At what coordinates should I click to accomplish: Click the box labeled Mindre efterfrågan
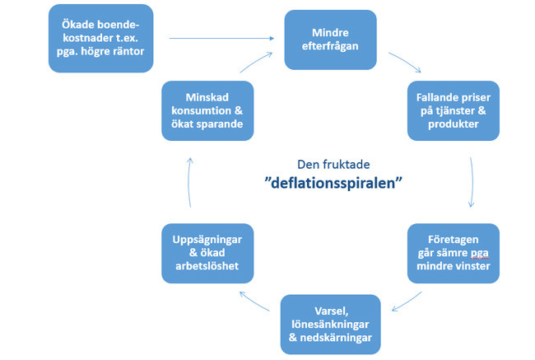coord(329,40)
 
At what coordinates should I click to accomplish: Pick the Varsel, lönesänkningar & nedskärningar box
coord(330,325)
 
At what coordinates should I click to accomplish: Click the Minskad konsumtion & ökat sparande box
coord(205,109)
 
